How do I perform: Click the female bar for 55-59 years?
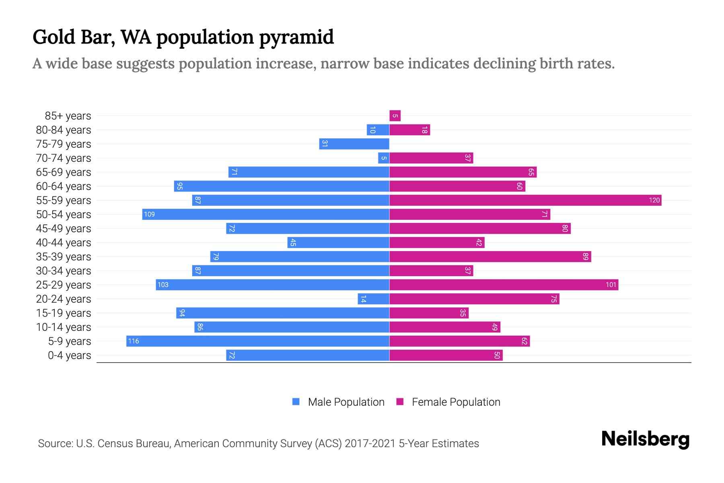(525, 200)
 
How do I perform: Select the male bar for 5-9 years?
(257, 341)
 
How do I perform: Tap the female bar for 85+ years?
(395, 116)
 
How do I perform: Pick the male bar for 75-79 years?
(354, 144)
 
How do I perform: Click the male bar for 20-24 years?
(373, 299)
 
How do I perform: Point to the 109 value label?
(149, 214)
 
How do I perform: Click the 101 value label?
(611, 285)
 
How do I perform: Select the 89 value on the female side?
(585, 256)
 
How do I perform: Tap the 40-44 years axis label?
(64, 242)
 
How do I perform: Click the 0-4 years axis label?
(69, 355)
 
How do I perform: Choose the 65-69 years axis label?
(64, 172)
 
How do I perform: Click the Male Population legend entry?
(346, 402)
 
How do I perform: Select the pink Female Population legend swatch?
(400, 402)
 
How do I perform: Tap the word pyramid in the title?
(296, 37)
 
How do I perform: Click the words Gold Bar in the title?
(74, 37)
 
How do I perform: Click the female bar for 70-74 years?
(431, 158)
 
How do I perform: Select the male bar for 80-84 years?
(378, 130)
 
